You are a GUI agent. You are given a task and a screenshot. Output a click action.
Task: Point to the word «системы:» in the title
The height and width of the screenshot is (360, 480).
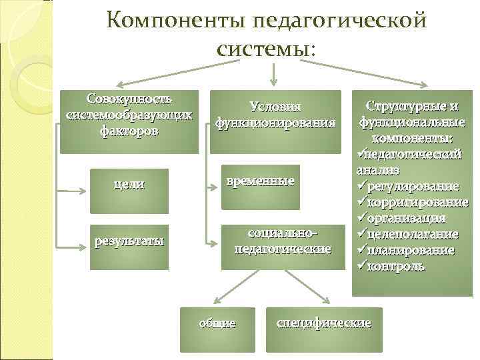pos(265,48)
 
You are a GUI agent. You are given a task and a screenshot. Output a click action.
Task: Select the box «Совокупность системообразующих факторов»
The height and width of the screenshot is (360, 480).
pos(130,120)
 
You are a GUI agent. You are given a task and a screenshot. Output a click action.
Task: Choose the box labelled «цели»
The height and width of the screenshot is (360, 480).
pos(129,183)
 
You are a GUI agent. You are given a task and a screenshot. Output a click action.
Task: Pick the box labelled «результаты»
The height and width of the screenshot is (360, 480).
pos(129,241)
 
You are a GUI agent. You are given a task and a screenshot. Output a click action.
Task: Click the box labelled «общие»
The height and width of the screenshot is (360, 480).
pos(218,323)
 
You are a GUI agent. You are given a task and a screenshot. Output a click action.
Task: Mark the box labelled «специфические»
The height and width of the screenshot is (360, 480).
pos(324,323)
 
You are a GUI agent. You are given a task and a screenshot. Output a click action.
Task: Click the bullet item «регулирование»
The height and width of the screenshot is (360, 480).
pos(413,185)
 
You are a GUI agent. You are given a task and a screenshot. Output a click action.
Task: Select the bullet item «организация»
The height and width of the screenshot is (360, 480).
pos(407,218)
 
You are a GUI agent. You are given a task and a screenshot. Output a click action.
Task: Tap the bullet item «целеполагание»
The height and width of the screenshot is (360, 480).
pos(414,234)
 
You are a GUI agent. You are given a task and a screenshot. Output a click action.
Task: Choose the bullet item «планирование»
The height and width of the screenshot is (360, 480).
pos(412,250)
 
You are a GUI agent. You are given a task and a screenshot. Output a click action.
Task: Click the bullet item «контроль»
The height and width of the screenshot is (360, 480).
pos(401,266)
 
